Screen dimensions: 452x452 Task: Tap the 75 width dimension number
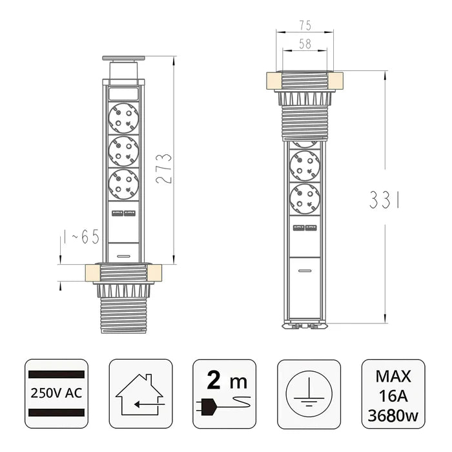click(305, 26)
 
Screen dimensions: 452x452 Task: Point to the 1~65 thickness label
click(82, 238)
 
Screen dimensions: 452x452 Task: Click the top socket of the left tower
click(123, 119)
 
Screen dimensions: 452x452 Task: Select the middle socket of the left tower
click(123, 151)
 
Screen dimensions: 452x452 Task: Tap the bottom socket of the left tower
click(123, 183)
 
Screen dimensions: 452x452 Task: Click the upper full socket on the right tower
click(305, 165)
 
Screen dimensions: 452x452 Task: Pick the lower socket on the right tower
click(305, 198)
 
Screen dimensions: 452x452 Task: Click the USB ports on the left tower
click(123, 214)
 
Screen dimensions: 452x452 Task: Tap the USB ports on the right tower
click(305, 227)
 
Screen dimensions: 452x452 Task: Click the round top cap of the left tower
click(123, 59)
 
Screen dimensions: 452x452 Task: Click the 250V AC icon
click(56, 394)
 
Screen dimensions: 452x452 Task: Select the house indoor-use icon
click(140, 394)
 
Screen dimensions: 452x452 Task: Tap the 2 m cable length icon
click(224, 394)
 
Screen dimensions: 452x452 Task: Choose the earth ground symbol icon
click(309, 394)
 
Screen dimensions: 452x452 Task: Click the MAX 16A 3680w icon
click(393, 394)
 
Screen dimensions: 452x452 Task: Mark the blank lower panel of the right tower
click(305, 287)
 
